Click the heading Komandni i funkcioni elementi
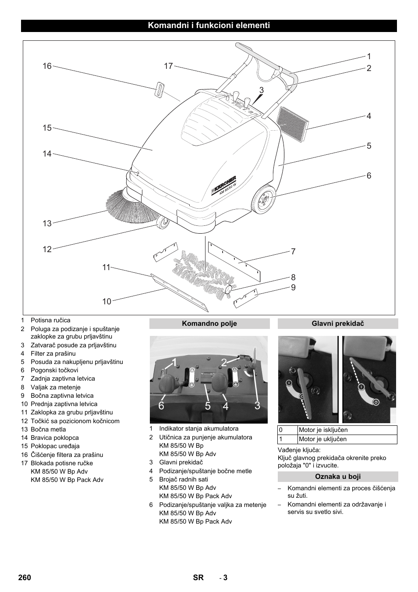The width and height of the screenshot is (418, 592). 209,25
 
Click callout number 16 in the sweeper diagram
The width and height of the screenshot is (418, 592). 47,66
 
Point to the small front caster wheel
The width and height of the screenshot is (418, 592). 163,223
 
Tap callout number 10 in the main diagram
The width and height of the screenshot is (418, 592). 107,301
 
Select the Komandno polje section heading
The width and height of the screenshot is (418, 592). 209,324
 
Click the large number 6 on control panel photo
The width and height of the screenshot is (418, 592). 161,406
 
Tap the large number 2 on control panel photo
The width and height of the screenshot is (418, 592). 224,362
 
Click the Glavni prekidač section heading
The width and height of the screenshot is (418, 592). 338,324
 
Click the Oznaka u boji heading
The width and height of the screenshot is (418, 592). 338,477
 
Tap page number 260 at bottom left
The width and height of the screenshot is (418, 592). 25,578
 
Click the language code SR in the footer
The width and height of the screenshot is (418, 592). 198,578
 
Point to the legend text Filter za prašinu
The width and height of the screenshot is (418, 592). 53,353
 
